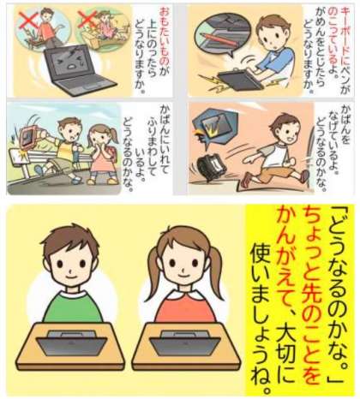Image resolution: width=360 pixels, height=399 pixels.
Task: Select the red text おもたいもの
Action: tap(165, 37)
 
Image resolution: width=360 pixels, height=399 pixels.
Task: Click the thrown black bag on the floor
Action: tap(212, 166)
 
